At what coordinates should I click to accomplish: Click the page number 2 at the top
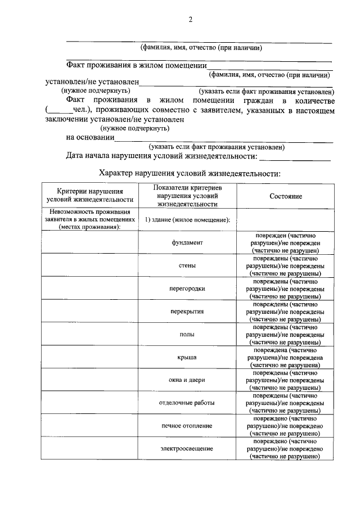[x=190, y=20]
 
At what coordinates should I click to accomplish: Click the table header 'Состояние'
[x=286, y=196]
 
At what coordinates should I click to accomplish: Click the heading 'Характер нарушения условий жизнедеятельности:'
[x=189, y=173]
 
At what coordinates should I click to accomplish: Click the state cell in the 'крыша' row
[x=286, y=357]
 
